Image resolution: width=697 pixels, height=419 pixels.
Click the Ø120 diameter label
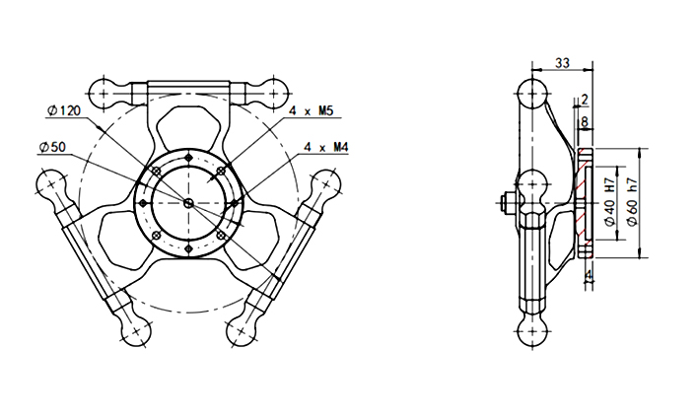64,110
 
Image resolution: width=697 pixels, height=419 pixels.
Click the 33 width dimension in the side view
562,62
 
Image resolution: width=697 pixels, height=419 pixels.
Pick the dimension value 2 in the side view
585,100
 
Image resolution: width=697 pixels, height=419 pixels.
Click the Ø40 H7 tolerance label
610,202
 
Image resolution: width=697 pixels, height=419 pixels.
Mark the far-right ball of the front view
325,183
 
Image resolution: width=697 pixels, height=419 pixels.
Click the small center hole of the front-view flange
188,202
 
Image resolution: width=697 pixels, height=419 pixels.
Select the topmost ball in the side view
533,95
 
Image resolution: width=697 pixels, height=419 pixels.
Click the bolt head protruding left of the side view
505,203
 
